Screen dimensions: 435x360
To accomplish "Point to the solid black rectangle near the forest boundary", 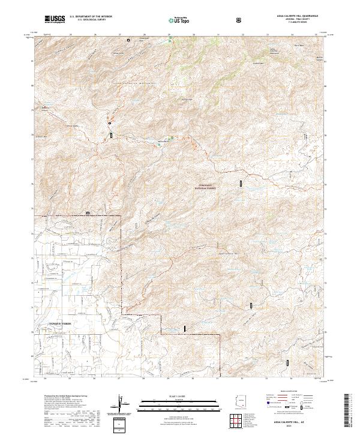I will coord(185,328).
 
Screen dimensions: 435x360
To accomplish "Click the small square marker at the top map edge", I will coord(128,40).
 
